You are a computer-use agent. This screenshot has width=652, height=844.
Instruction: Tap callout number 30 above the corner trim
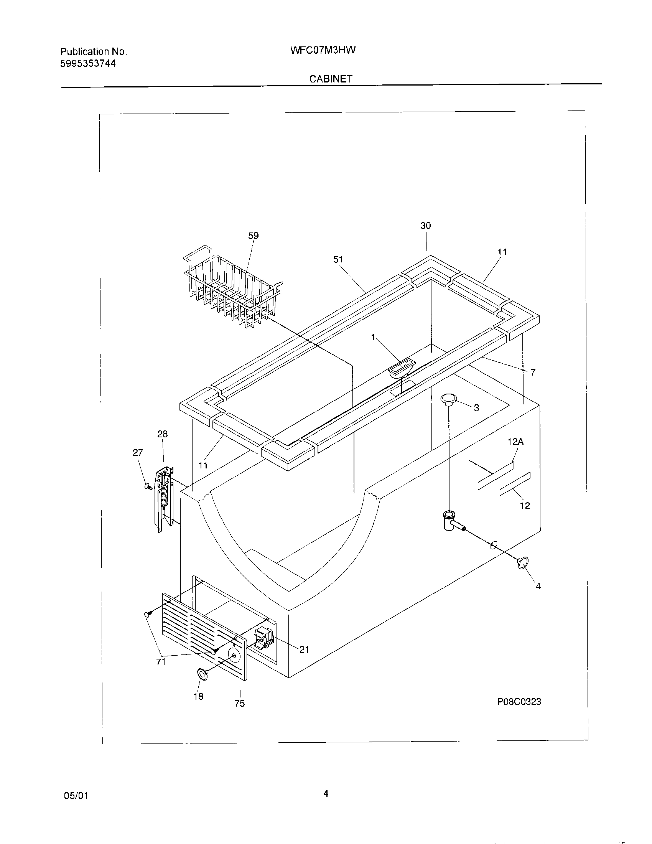(x=425, y=226)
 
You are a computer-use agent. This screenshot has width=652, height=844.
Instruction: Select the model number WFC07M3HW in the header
(x=323, y=50)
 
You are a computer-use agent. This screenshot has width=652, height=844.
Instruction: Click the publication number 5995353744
(x=88, y=64)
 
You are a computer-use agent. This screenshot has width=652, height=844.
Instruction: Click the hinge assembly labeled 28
(x=164, y=499)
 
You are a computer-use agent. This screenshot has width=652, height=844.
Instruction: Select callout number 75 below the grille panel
(x=239, y=703)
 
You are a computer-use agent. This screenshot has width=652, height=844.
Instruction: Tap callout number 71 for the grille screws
(x=161, y=662)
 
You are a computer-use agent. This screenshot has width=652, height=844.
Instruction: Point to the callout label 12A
(x=515, y=442)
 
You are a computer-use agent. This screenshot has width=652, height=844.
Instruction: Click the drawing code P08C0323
(x=519, y=702)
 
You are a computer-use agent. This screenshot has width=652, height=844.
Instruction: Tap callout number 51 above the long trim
(x=338, y=260)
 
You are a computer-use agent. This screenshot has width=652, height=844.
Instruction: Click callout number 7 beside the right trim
(x=533, y=372)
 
